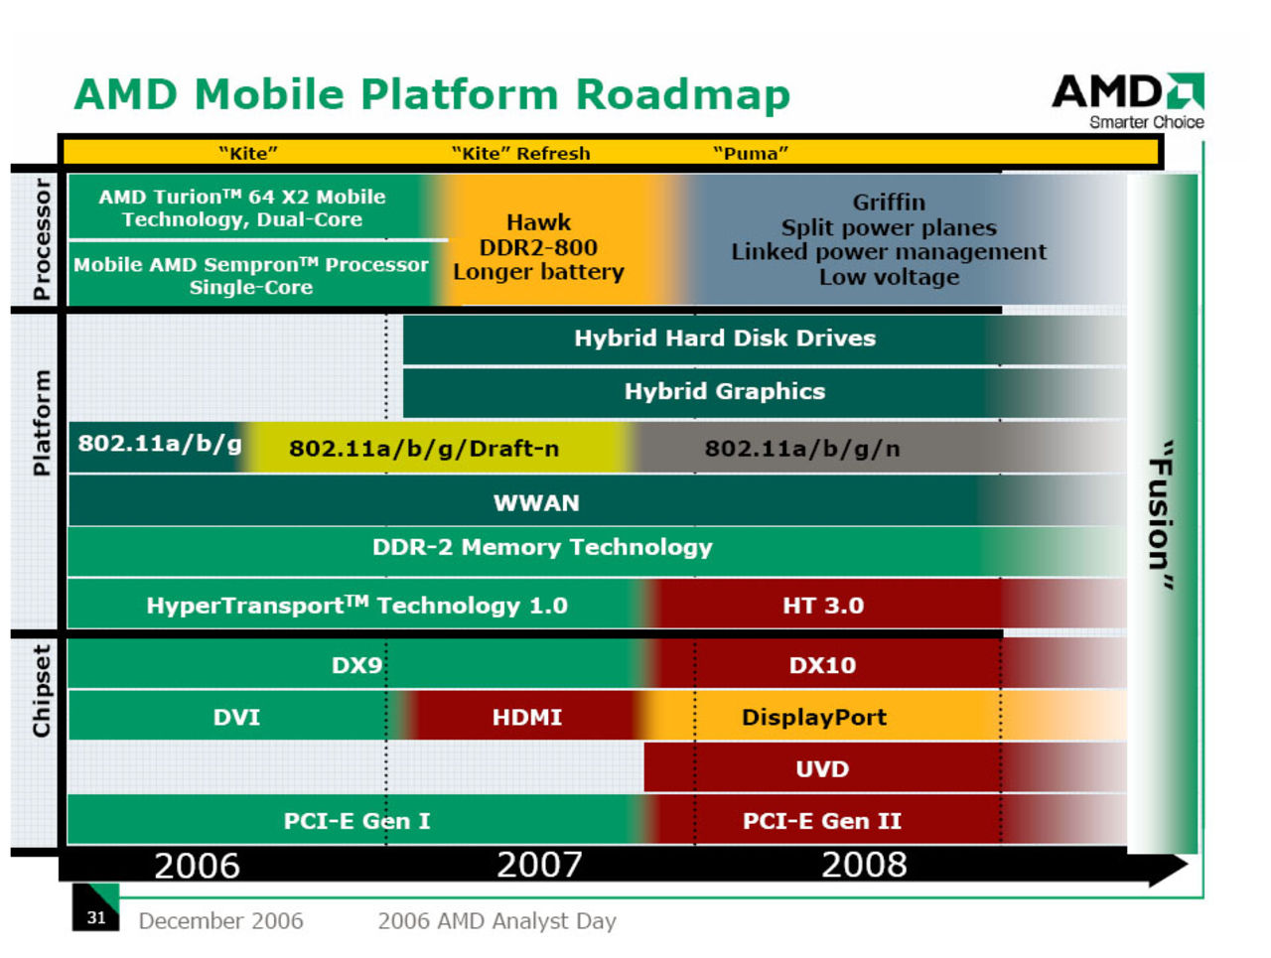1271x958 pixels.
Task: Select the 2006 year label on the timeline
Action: click(197, 865)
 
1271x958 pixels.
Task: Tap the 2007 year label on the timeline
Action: click(539, 865)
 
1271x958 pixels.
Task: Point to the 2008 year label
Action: click(864, 865)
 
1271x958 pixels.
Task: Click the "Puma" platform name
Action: click(751, 153)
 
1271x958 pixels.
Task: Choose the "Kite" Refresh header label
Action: click(520, 153)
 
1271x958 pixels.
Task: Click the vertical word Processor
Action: click(41, 239)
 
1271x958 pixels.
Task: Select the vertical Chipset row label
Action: click(41, 691)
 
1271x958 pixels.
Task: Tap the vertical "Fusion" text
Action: click(1160, 515)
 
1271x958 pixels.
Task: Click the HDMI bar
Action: click(526, 717)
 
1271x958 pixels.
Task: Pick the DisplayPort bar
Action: click(814, 717)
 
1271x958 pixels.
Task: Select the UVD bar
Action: click(822, 768)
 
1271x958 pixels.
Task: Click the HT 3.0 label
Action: click(823, 605)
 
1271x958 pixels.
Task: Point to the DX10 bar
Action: click(822, 665)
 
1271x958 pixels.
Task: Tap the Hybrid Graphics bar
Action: click(725, 391)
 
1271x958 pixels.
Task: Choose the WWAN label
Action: click(536, 502)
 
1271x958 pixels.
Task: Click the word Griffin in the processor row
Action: click(889, 202)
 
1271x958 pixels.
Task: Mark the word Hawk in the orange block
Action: click(538, 221)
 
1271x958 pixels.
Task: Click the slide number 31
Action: click(95, 917)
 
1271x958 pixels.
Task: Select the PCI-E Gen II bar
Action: click(822, 821)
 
